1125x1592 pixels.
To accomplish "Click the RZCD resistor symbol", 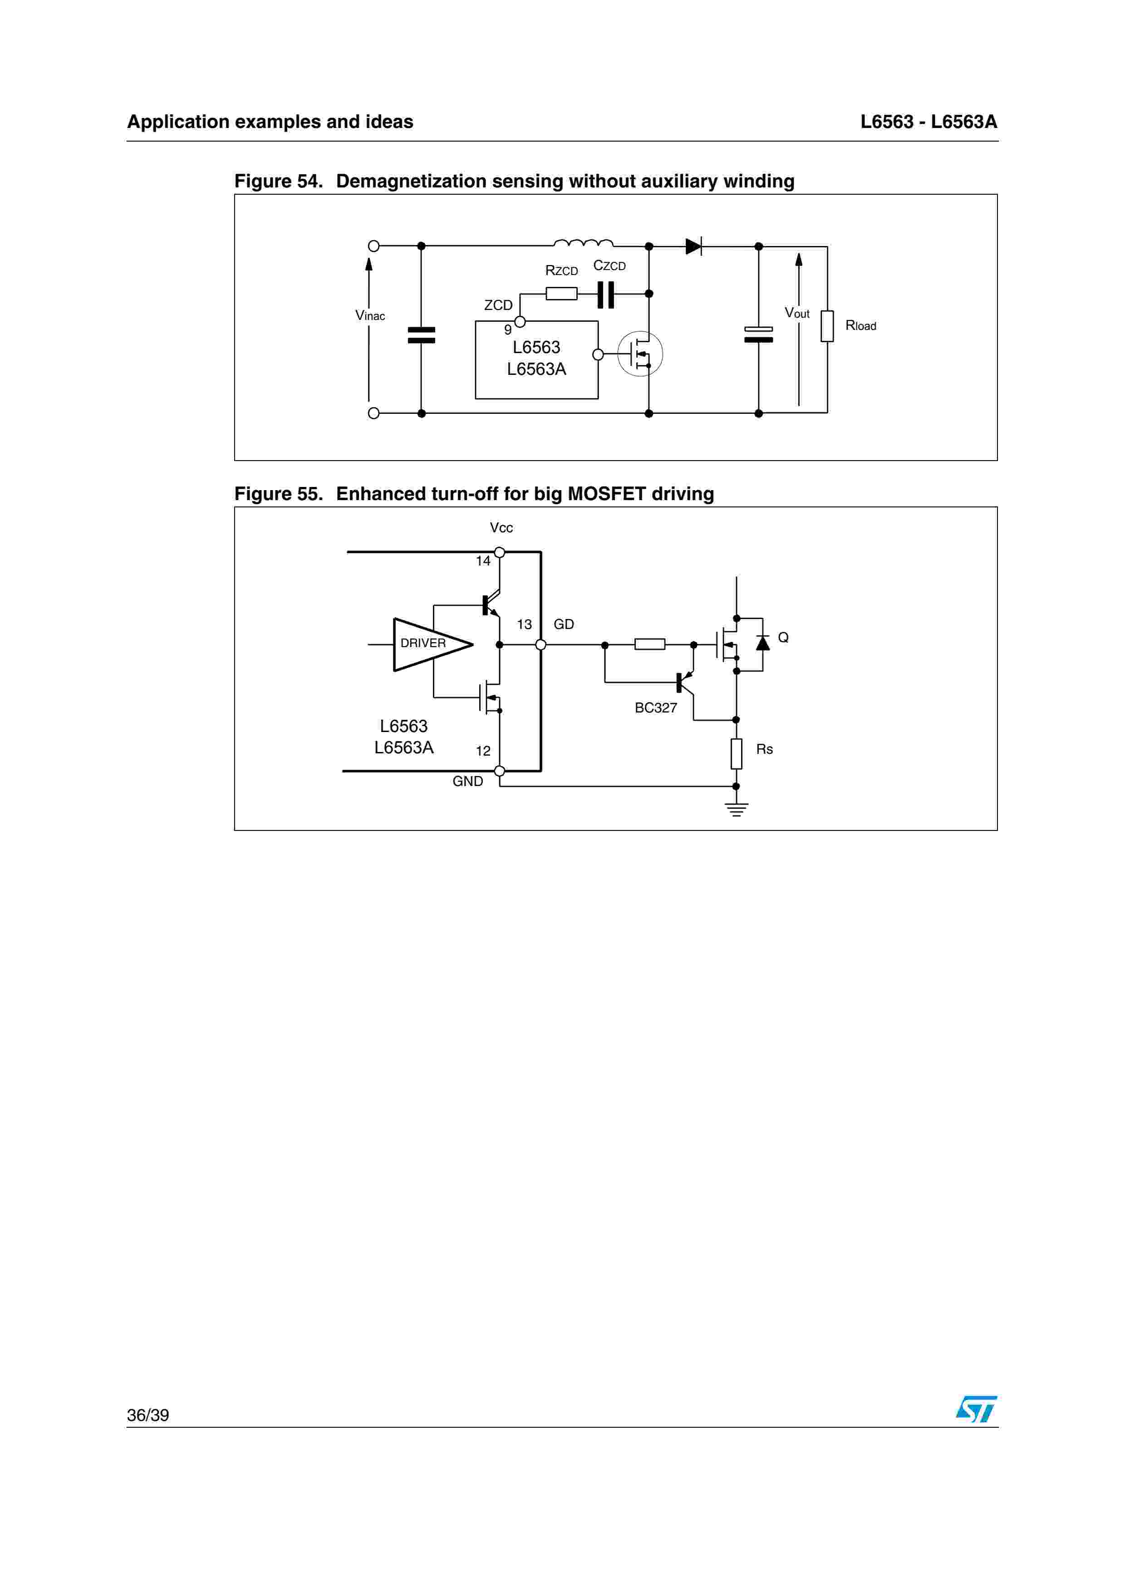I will (x=561, y=294).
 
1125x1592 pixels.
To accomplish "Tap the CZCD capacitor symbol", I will (x=606, y=294).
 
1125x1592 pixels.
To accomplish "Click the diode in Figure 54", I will (x=693, y=246).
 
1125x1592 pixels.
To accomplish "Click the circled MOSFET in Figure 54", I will (x=640, y=354).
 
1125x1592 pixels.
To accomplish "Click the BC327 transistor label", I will (x=656, y=708).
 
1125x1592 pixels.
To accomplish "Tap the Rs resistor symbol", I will (x=736, y=754).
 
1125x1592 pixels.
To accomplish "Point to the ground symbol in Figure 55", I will (x=736, y=809).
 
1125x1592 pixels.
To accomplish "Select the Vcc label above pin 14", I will (x=501, y=528).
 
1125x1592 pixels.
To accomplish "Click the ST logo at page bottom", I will (x=976, y=1409).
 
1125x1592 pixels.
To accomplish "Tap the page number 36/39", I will (x=147, y=1415).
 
